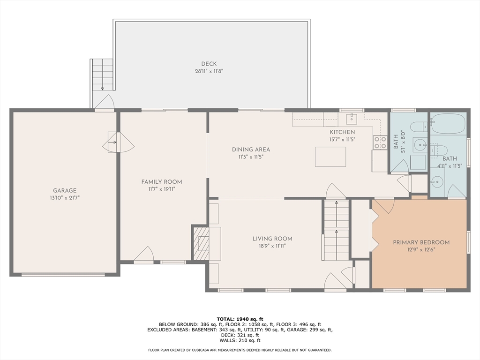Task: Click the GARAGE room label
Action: pyautogui.click(x=65, y=190)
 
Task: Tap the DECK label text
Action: pyautogui.click(x=209, y=64)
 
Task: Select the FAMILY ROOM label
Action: pyautogui.click(x=162, y=182)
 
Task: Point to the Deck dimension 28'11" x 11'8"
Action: pyautogui.click(x=209, y=71)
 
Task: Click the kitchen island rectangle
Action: pyautogui.click(x=330, y=157)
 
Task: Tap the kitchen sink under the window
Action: pyautogui.click(x=352, y=119)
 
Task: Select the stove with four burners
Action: pyautogui.click(x=380, y=142)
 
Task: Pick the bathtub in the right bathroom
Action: pyautogui.click(x=448, y=123)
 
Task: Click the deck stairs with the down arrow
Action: pyautogui.click(x=103, y=75)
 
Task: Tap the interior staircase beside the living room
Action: pyautogui.click(x=337, y=230)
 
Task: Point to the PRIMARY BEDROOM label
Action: pyautogui.click(x=421, y=242)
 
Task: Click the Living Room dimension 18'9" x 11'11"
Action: pyautogui.click(x=272, y=246)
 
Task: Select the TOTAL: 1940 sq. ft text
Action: pyautogui.click(x=240, y=319)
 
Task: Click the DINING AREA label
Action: pyautogui.click(x=251, y=150)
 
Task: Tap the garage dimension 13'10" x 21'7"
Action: pyautogui.click(x=65, y=198)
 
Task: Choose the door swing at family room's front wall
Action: pyautogui.click(x=143, y=254)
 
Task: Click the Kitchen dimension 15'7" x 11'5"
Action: pyautogui.click(x=342, y=140)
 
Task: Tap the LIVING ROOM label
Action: pyautogui.click(x=272, y=239)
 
